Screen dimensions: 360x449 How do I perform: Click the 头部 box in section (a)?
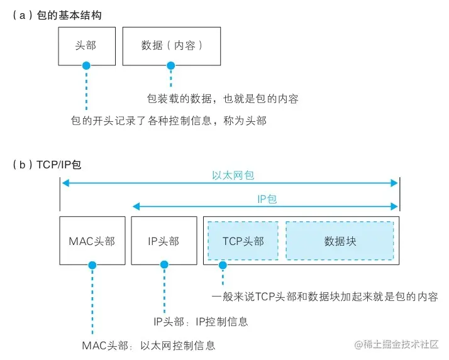click(86, 46)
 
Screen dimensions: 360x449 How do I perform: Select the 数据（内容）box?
click(172, 46)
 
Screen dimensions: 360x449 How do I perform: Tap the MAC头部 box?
click(92, 241)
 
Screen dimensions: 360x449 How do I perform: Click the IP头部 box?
click(164, 241)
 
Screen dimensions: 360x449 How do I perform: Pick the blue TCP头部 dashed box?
click(243, 241)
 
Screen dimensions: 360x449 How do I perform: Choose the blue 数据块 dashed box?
click(340, 241)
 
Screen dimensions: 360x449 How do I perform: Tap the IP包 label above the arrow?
click(267, 199)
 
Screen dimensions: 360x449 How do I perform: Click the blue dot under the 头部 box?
click(86, 65)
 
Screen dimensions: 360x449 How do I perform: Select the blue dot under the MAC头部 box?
click(92, 266)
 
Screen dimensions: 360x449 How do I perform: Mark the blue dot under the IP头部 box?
click(164, 266)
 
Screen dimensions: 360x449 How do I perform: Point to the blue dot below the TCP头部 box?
click(222, 266)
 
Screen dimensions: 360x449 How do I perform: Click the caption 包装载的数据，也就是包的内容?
click(222, 99)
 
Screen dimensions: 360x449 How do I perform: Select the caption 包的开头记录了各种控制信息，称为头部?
click(169, 121)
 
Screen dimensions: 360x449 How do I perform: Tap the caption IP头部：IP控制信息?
click(201, 322)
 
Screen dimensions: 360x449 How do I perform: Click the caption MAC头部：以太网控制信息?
click(148, 345)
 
